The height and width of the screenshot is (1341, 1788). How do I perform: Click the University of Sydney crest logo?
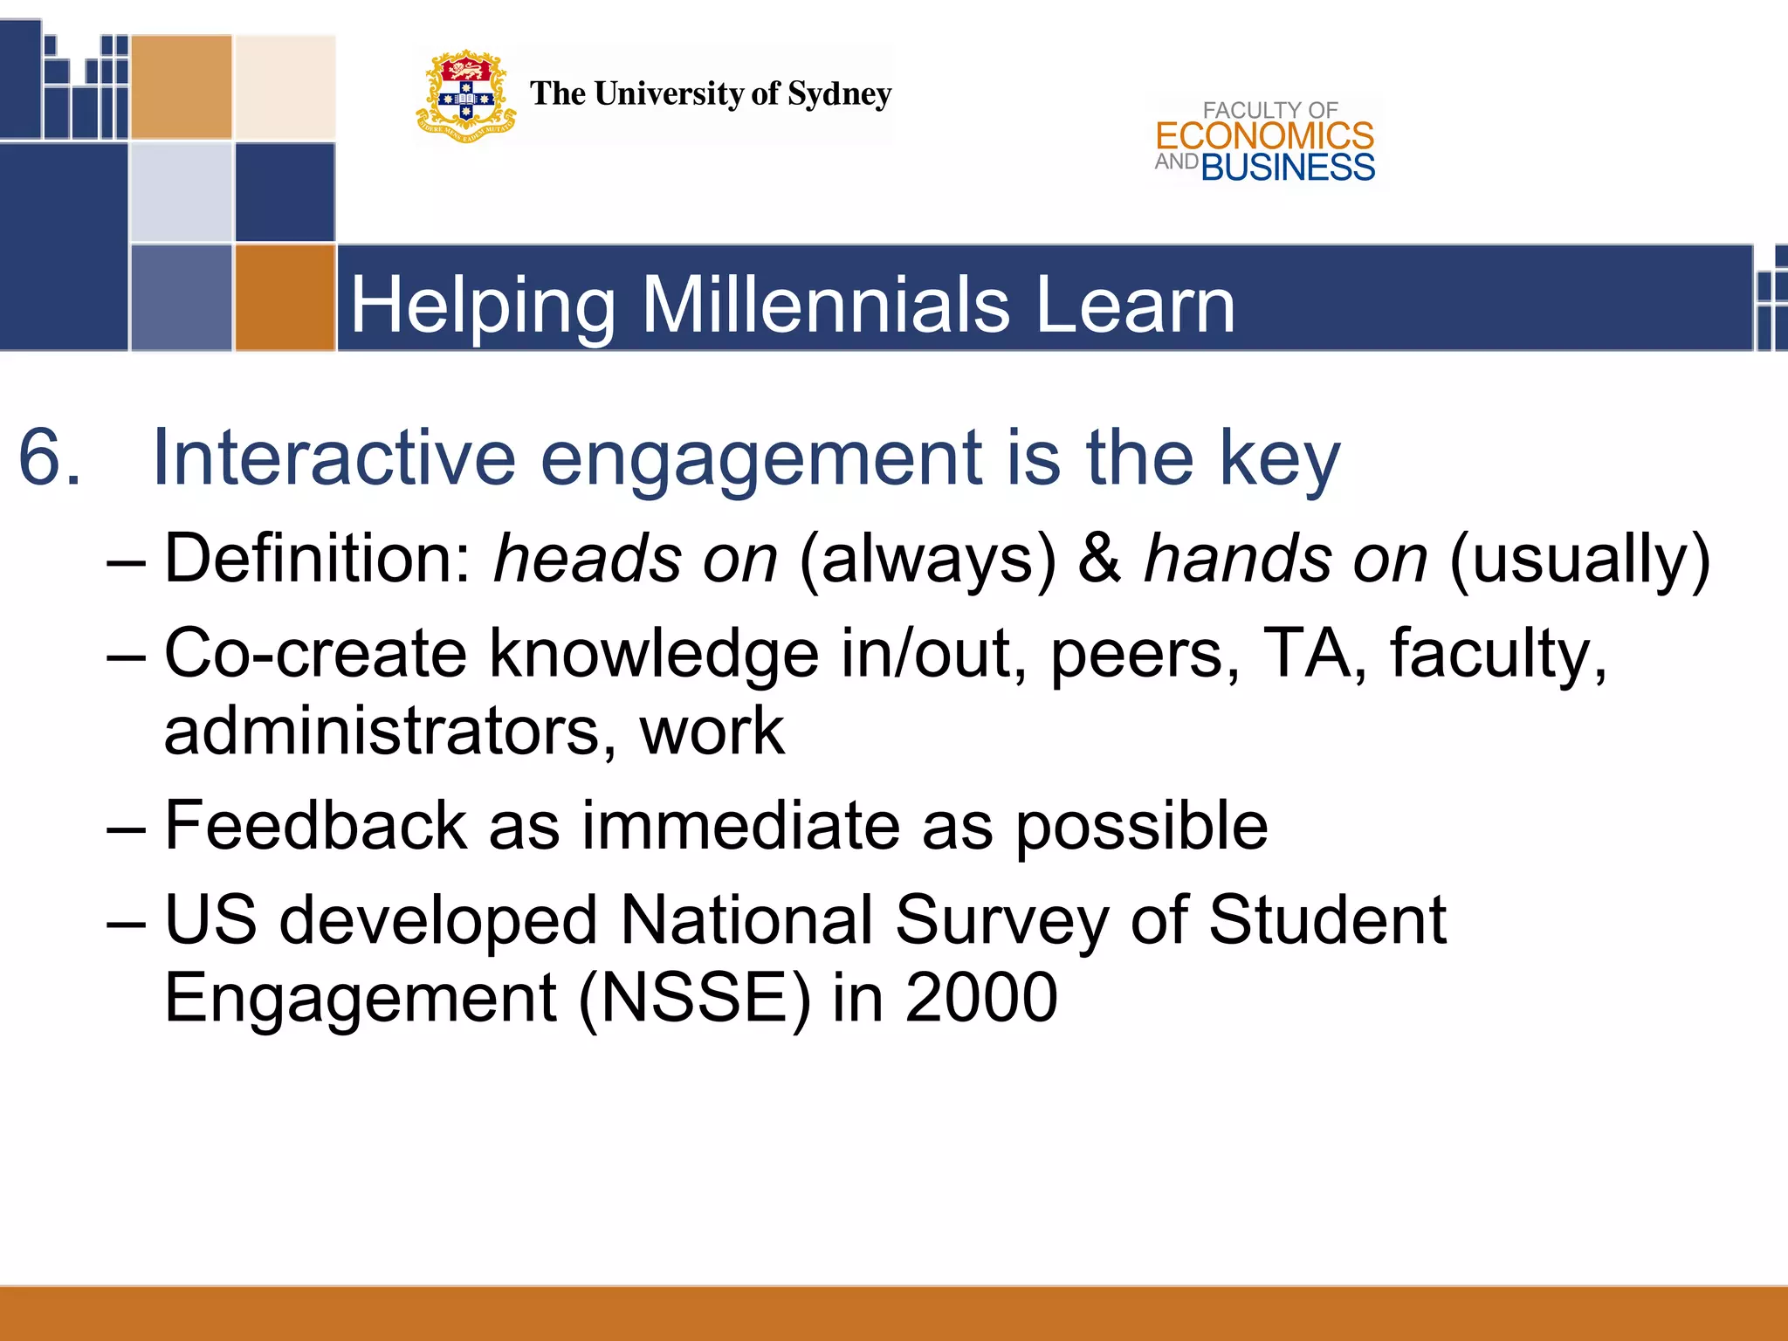point(465,96)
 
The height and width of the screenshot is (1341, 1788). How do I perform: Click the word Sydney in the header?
point(839,94)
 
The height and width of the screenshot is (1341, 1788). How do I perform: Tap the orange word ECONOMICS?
point(1264,136)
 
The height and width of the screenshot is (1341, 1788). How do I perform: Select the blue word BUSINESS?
point(1288,168)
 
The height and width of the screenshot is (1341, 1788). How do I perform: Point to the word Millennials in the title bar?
point(826,305)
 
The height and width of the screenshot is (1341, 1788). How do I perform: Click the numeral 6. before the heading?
point(50,457)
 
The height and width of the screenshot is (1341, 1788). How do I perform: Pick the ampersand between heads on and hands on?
point(1099,559)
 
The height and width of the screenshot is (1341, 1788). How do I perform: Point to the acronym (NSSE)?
point(694,998)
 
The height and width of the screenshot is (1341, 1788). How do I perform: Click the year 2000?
point(980,998)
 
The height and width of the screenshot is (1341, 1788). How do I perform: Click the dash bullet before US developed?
point(126,922)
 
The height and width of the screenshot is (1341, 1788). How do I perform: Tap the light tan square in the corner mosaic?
point(285,86)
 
